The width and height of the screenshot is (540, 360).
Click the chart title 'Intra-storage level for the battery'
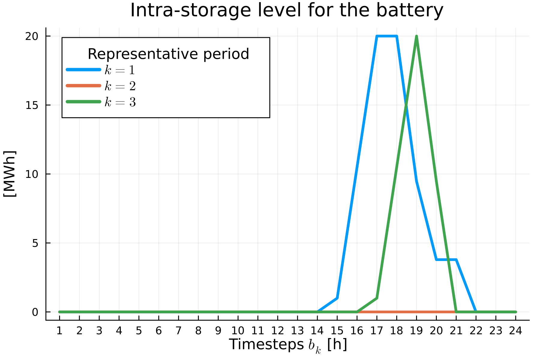[x=286, y=10]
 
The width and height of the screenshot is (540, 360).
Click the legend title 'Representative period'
[x=168, y=54]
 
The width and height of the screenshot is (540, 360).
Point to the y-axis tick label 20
[x=31, y=36]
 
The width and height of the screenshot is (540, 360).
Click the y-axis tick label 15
[x=31, y=105]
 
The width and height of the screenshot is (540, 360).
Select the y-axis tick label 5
[x=35, y=243]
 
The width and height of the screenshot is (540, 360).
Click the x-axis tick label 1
[x=59, y=331]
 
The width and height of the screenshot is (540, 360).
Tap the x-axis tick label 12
[x=277, y=331]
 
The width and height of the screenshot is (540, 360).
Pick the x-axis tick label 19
[x=416, y=331]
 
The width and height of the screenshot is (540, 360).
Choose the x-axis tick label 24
[x=515, y=331]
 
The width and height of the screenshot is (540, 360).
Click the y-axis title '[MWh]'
[x=10, y=174]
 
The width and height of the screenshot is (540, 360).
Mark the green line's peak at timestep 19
[x=416, y=37]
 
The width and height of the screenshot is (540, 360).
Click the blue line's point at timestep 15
[x=337, y=298]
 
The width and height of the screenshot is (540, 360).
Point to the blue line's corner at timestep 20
[x=436, y=259]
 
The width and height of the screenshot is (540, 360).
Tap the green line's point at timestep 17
[x=377, y=298]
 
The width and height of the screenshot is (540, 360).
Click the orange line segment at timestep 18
[x=397, y=312]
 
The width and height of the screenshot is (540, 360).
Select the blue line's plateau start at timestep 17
[x=377, y=36]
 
